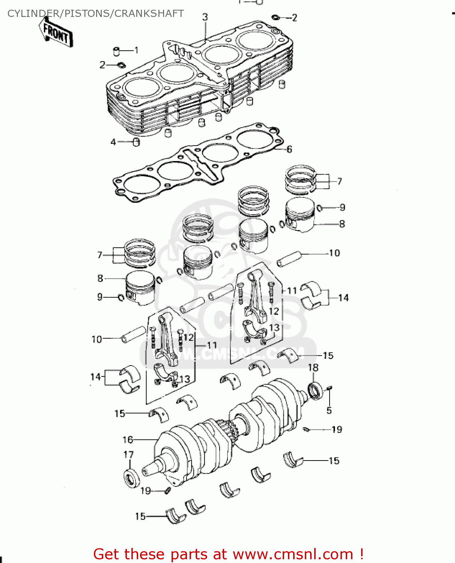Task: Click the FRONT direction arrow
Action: click(x=56, y=33)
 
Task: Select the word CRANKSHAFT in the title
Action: click(x=149, y=14)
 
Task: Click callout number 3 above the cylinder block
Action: click(x=205, y=17)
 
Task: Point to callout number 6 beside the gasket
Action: click(x=289, y=149)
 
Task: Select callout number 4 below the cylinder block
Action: click(x=113, y=142)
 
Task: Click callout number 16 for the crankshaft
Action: click(x=128, y=440)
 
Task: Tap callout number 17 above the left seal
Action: click(x=128, y=455)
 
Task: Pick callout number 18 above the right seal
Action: click(x=313, y=368)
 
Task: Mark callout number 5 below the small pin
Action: click(x=329, y=410)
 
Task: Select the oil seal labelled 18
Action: click(x=315, y=391)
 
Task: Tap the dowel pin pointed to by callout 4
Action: click(x=136, y=142)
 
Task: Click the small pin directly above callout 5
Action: click(x=329, y=388)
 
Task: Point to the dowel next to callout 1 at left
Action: click(x=117, y=51)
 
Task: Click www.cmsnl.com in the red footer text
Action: click(x=293, y=554)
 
